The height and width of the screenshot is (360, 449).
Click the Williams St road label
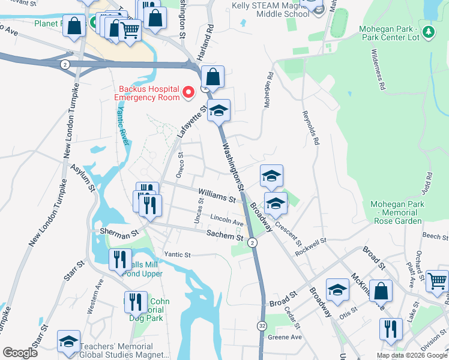pos(216,195)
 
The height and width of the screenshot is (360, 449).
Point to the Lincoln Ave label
pos(226,220)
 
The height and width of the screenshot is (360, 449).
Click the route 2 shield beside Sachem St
pos(253,242)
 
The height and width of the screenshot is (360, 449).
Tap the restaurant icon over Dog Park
pos(136,301)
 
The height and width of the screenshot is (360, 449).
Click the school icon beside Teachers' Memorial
pos(68,341)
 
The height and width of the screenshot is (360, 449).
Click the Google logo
pos(20,353)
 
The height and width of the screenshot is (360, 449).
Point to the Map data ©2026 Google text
pos(412,355)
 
